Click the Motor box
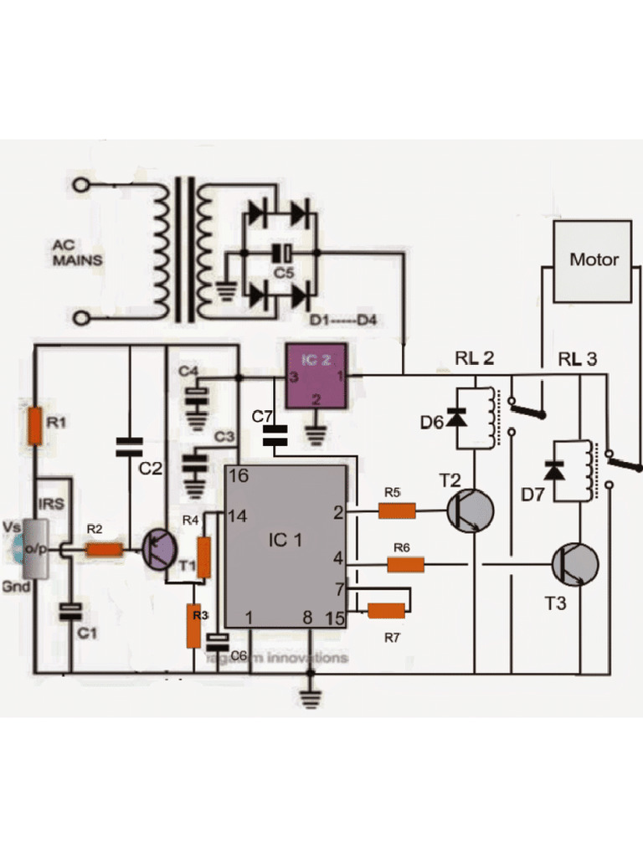click(593, 260)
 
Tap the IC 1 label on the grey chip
click(285, 540)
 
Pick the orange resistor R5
click(397, 511)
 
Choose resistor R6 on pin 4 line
click(405, 565)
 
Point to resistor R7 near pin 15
click(386, 611)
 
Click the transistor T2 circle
click(469, 511)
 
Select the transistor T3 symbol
click(574, 564)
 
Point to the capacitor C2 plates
click(130, 445)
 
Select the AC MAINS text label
click(78, 253)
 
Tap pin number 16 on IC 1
click(238, 476)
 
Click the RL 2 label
click(474, 359)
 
